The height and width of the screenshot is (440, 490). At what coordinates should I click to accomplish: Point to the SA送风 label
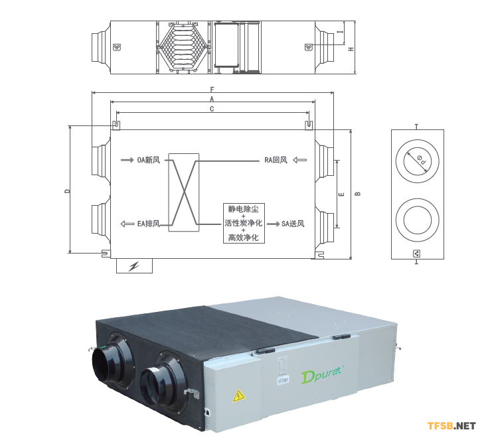(x=293, y=224)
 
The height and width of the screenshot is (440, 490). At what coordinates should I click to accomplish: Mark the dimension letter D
(x=66, y=191)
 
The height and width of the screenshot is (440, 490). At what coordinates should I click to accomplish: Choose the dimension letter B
(x=357, y=194)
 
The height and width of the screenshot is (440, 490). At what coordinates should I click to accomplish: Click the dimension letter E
(x=341, y=194)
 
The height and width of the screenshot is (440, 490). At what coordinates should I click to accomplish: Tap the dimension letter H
(x=351, y=49)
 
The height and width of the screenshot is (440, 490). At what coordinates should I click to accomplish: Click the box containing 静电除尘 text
(x=244, y=223)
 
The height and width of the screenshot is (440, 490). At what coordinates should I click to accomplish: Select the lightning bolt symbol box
(x=134, y=266)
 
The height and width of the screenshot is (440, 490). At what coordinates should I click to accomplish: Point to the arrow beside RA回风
(x=300, y=160)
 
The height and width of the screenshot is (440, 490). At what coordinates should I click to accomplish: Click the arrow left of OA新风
(x=127, y=160)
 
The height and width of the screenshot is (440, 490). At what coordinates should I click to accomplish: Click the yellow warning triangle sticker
(x=237, y=397)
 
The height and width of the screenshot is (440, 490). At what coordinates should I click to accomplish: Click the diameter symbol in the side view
(x=421, y=159)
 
